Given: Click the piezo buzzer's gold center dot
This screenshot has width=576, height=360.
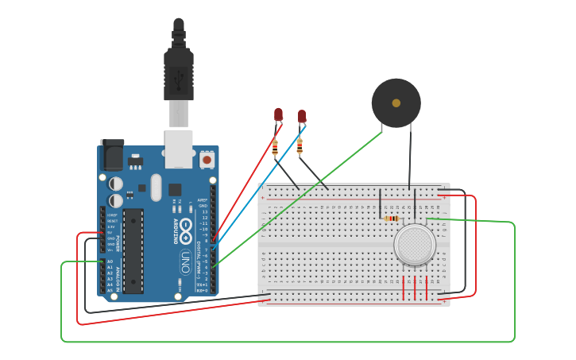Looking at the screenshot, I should click(x=396, y=103).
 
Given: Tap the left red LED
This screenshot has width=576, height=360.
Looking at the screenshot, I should click(x=278, y=114).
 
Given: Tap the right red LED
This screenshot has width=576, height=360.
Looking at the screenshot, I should click(x=302, y=116).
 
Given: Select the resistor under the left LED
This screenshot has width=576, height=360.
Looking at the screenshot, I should click(x=275, y=147).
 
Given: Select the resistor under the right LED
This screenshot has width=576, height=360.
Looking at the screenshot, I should click(x=300, y=145).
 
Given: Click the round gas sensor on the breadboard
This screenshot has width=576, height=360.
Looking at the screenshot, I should click(x=415, y=245).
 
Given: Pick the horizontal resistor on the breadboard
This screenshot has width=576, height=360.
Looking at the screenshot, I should click(x=391, y=219).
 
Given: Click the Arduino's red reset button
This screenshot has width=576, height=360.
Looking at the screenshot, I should click(x=207, y=160).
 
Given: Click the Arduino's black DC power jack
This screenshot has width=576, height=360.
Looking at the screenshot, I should click(x=112, y=154).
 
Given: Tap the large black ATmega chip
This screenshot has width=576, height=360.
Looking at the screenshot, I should click(x=133, y=250).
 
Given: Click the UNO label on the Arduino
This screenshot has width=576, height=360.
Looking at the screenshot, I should click(x=184, y=259).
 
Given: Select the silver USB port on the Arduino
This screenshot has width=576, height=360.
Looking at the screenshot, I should click(x=178, y=149).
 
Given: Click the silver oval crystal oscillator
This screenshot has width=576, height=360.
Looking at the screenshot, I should click(x=156, y=188).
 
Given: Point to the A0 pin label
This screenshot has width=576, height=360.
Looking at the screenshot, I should click(x=110, y=261).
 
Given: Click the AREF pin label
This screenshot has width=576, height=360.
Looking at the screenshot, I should click(x=203, y=200).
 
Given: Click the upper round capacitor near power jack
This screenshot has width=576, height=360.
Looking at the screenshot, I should click(x=116, y=182).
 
